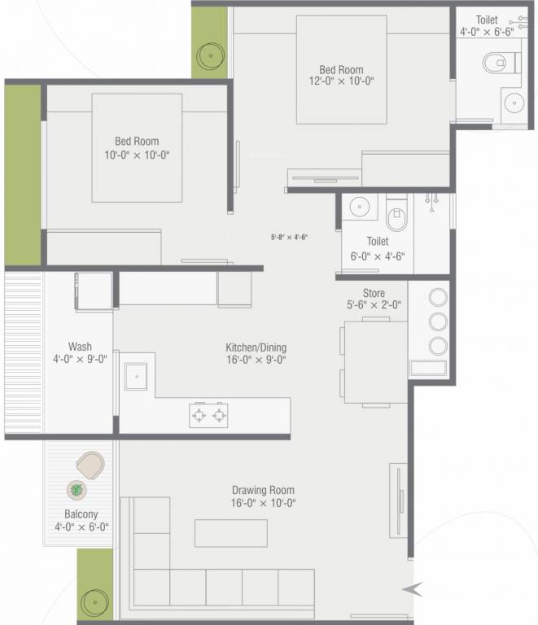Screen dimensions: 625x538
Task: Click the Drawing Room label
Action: click(x=263, y=490)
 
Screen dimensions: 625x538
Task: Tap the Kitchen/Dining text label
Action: click(x=256, y=347)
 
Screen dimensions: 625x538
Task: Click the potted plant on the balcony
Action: click(x=77, y=490)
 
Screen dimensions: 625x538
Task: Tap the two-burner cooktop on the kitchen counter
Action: click(x=208, y=415)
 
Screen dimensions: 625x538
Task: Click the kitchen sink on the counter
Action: click(x=135, y=375)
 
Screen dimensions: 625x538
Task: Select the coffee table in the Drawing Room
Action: click(x=230, y=533)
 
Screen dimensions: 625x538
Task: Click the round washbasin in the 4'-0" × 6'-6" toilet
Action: click(x=513, y=103)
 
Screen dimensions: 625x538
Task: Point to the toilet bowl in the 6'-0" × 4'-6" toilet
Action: click(x=397, y=216)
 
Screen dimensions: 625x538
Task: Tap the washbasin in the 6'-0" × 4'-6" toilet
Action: click(x=359, y=208)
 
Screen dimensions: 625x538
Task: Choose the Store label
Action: click(x=374, y=293)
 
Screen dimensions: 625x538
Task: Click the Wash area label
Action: click(x=80, y=346)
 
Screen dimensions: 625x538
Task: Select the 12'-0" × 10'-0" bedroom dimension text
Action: click(x=341, y=82)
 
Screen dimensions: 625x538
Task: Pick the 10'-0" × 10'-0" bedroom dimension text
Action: click(x=136, y=155)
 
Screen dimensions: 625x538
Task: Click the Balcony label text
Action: click(x=81, y=514)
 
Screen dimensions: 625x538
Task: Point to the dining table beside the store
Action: click(x=374, y=361)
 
